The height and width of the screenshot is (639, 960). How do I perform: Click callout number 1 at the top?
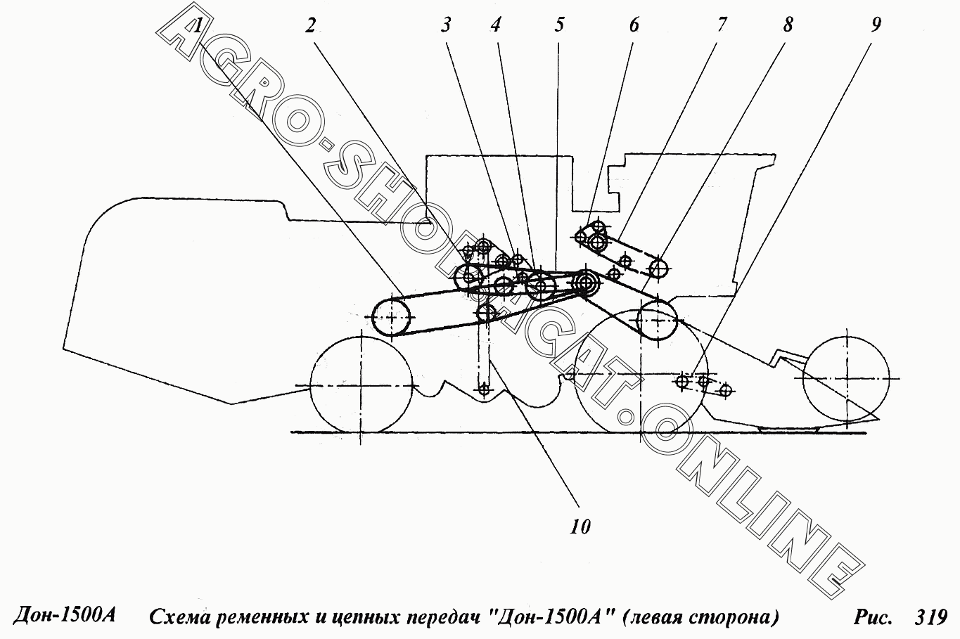(197, 27)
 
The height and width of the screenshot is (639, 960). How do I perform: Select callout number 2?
(310, 26)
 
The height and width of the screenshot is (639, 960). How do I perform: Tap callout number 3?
(446, 26)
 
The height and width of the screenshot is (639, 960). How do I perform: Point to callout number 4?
(495, 26)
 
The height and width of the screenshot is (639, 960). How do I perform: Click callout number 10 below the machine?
(580, 527)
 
